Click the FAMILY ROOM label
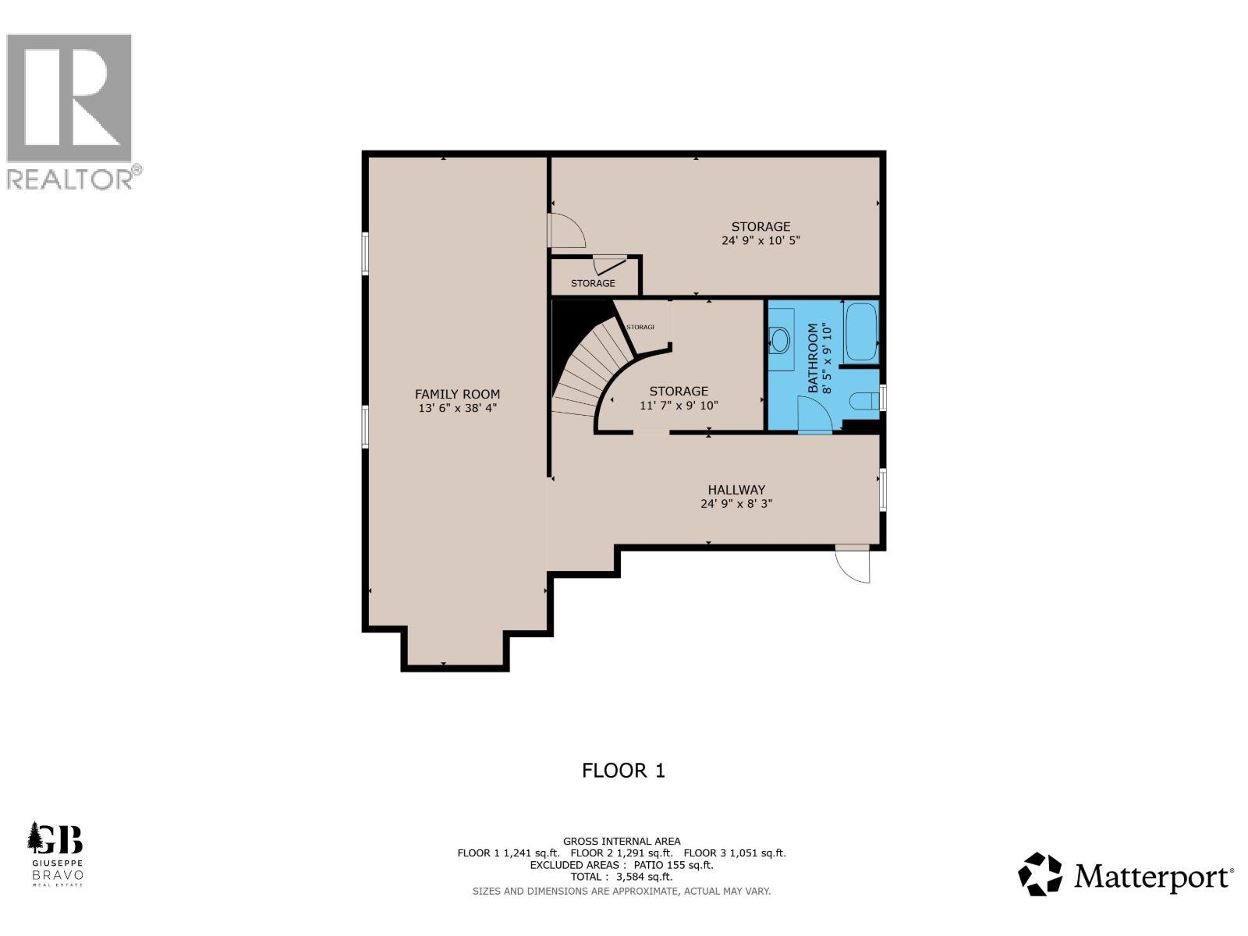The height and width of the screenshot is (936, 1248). [x=457, y=394]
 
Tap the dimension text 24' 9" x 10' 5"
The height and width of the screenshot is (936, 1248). [x=760, y=241]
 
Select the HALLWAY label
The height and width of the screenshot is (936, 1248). [x=736, y=490]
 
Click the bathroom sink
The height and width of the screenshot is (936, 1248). [x=779, y=339]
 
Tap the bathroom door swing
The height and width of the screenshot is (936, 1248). [x=814, y=414]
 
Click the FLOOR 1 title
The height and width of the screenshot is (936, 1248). [x=623, y=771]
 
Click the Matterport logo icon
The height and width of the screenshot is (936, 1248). [x=1040, y=874]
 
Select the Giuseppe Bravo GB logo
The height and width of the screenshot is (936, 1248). [x=55, y=853]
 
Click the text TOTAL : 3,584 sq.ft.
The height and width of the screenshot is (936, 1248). [x=622, y=877]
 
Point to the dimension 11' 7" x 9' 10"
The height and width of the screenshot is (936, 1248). [x=679, y=406]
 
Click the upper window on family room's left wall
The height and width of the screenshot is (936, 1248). [x=365, y=253]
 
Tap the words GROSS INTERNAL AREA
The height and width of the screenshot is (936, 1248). [x=622, y=841]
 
